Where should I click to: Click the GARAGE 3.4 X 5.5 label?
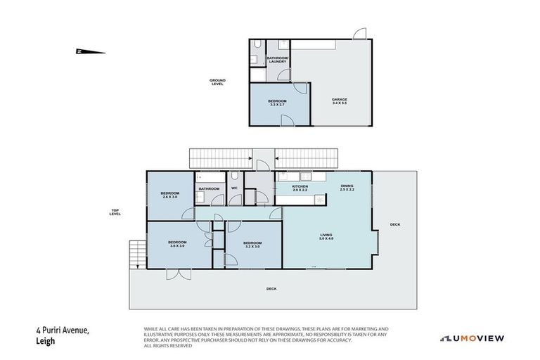click(x=339, y=101)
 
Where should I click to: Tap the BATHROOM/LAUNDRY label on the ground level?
click(x=277, y=60)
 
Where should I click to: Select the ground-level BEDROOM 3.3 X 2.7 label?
click(x=277, y=103)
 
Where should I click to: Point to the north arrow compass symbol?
click(x=89, y=51)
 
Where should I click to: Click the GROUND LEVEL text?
click(x=217, y=82)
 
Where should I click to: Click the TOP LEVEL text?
click(x=115, y=212)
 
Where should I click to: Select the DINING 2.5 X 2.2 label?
click(x=347, y=188)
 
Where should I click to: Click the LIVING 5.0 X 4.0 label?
click(x=326, y=237)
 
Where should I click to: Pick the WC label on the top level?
click(x=234, y=188)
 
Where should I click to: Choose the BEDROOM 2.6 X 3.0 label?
click(x=170, y=195)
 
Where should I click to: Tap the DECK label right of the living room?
click(x=395, y=224)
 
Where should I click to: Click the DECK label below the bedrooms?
click(x=271, y=289)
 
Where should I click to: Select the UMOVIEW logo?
click(x=472, y=338)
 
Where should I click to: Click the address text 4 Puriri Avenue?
click(x=62, y=330)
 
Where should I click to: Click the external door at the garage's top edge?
click(x=359, y=34)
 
